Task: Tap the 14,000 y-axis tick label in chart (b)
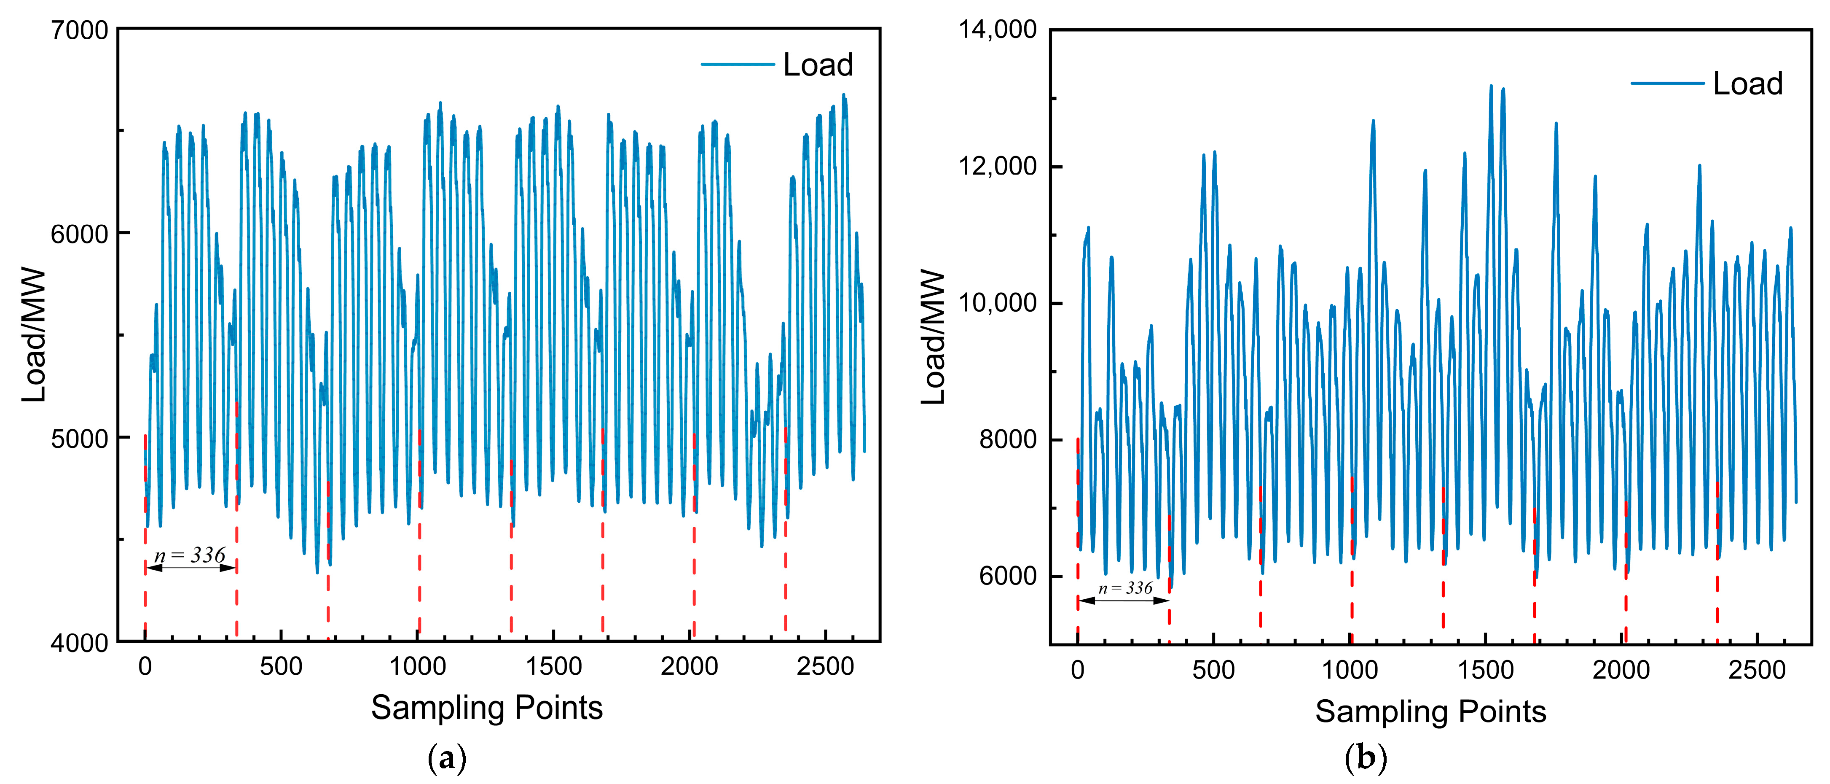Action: click(x=998, y=30)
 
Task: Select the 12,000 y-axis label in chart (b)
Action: click(x=998, y=166)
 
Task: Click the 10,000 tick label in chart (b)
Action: click(x=998, y=303)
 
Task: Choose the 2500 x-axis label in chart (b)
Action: click(x=1757, y=670)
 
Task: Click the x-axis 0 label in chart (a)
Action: click(x=145, y=667)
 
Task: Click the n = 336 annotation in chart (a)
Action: click(x=190, y=555)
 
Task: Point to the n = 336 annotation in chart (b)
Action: click(x=1125, y=588)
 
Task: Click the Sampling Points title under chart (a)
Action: click(x=487, y=708)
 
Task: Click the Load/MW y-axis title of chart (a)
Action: click(x=33, y=335)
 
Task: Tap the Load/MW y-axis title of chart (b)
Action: click(x=934, y=338)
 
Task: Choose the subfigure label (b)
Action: click(x=1366, y=758)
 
